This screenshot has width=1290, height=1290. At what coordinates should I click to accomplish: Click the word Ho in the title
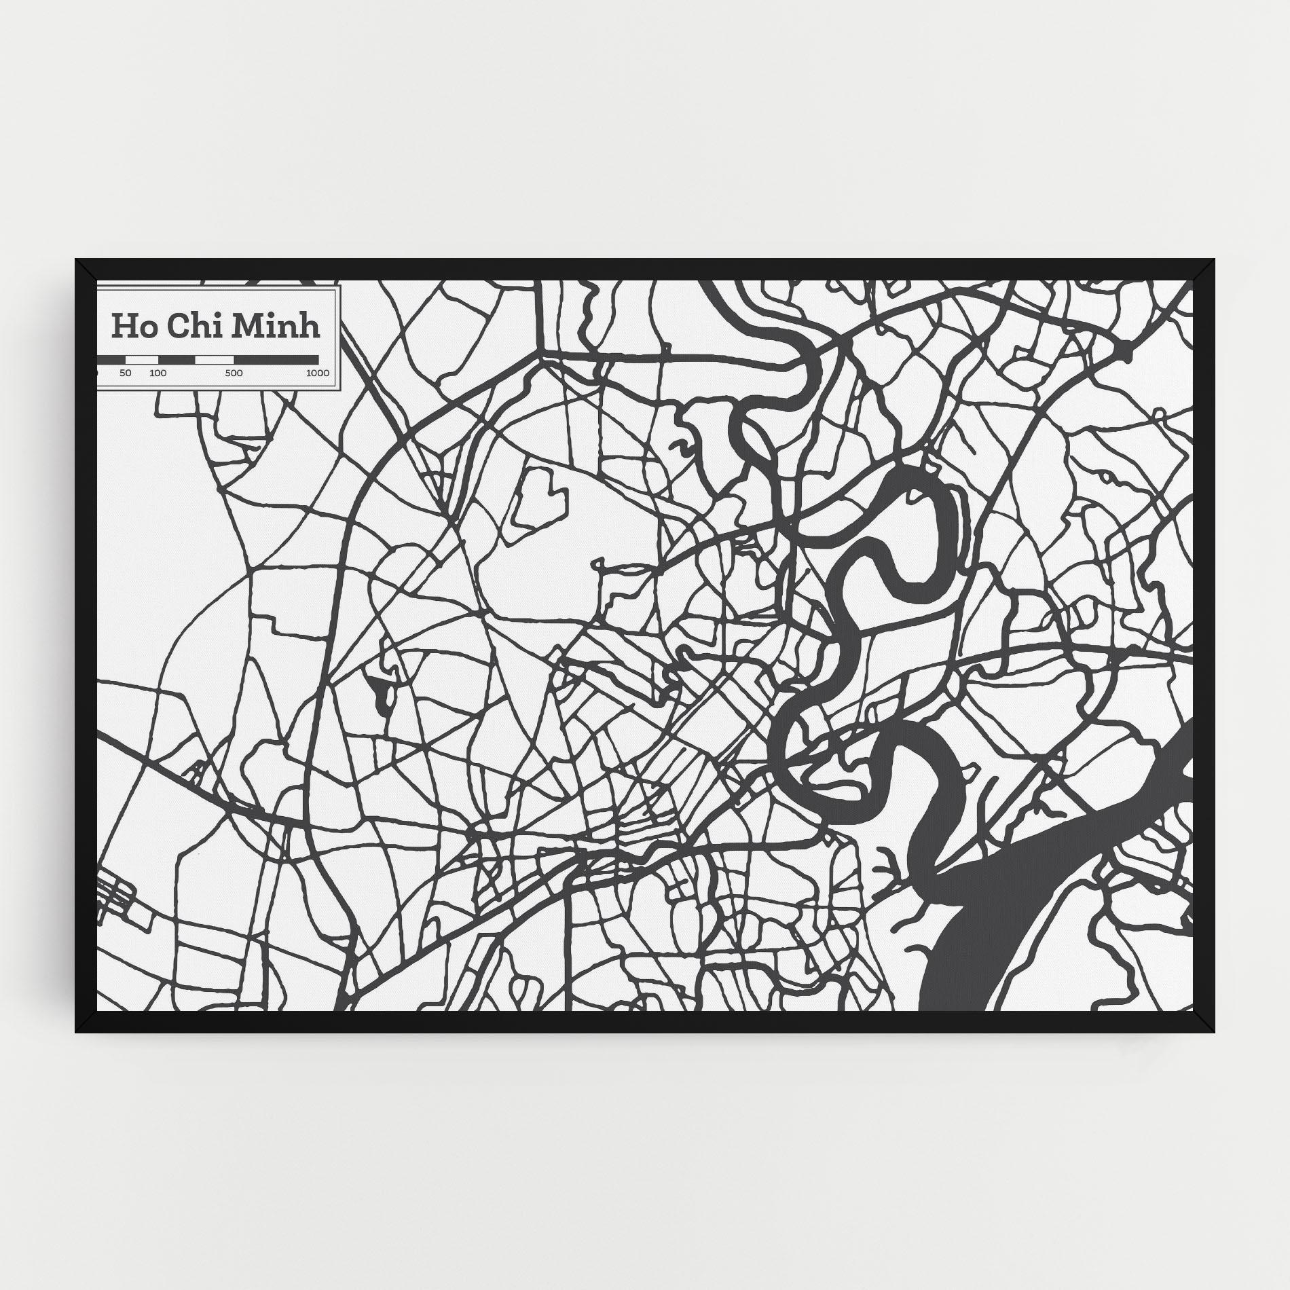click(x=130, y=326)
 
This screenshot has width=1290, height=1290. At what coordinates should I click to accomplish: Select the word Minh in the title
click(x=276, y=326)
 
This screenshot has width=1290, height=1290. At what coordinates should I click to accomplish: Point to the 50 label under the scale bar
click(x=125, y=373)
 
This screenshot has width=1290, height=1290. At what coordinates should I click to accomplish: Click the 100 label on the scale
click(x=158, y=373)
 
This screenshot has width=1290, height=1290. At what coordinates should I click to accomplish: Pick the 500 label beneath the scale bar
click(x=234, y=373)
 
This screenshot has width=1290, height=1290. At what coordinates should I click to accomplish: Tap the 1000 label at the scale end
click(x=317, y=373)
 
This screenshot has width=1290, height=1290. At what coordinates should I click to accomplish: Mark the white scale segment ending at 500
click(x=214, y=359)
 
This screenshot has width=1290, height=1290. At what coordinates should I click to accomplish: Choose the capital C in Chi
click(x=177, y=326)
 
